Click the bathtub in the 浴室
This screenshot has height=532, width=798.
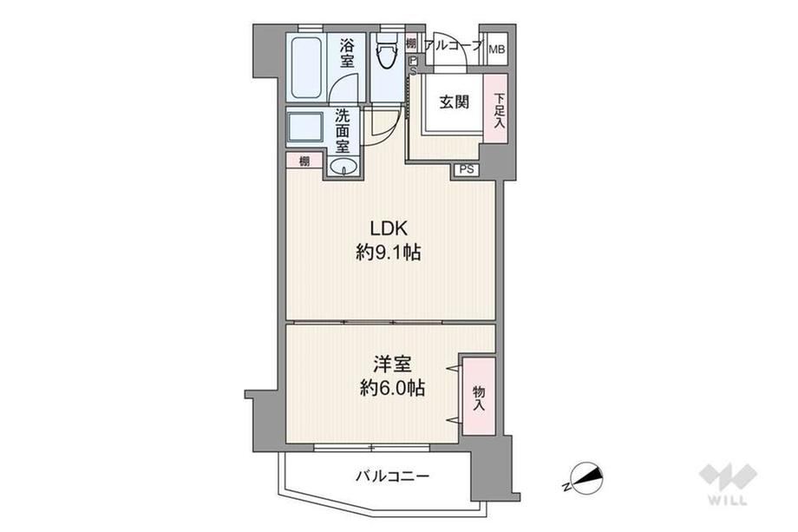click(x=306, y=68)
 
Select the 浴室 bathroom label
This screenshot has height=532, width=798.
click(x=347, y=54)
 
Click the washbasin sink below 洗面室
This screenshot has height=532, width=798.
click(x=343, y=166)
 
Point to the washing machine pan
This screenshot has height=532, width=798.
click(x=305, y=128)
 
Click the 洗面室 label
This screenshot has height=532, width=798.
click(x=342, y=131)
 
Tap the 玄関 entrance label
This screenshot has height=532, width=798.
click(x=454, y=102)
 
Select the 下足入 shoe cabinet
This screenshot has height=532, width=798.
click(x=496, y=108)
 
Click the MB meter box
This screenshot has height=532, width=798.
click(x=497, y=49)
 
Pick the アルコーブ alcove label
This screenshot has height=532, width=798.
click(x=452, y=46)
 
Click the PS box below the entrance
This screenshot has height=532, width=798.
click(x=466, y=169)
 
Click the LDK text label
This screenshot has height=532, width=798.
click(x=389, y=228)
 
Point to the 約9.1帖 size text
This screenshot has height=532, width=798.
click(x=389, y=253)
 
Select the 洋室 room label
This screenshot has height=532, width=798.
click(x=392, y=365)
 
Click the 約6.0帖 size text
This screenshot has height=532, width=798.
click(x=392, y=389)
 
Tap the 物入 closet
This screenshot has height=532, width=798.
click(x=479, y=396)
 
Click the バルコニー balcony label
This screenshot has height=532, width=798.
click(x=392, y=476)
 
